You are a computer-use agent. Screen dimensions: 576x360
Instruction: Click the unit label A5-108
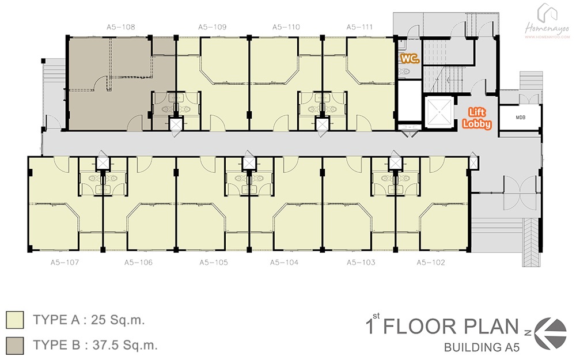[121, 27]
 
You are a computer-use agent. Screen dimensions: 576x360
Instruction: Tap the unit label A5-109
[213, 27]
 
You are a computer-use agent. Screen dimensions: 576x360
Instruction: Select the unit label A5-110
[286, 27]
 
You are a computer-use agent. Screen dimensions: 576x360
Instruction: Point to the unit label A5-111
[359, 27]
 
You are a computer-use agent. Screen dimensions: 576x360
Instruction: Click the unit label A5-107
[65, 263]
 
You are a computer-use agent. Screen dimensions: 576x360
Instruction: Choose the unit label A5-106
[138, 263]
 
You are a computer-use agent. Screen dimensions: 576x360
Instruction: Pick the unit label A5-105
[214, 263]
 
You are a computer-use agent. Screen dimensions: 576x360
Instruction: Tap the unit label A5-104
[284, 263]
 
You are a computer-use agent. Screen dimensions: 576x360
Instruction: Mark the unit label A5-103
[361, 263]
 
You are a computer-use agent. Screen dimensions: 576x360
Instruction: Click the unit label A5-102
[430, 263]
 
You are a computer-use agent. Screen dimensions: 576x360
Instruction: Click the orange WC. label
[410, 59]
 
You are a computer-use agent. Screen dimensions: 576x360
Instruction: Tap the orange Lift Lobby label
[477, 118]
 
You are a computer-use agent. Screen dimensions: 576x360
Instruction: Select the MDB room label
[521, 118]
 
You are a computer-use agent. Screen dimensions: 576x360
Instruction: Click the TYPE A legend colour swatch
[15, 320]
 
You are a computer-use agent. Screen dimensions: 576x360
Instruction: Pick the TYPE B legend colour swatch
[15, 346]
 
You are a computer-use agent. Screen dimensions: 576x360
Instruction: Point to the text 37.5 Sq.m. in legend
[125, 345]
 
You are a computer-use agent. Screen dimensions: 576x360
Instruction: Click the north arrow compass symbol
[550, 333]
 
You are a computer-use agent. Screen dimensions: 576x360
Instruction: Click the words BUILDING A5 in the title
[482, 347]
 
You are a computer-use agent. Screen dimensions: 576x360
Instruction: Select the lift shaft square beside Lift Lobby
[439, 111]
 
